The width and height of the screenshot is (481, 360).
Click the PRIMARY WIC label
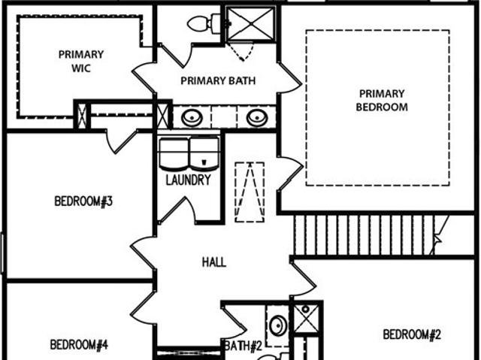tap(81, 61)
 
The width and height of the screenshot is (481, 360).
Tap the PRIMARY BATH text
tap(218, 80)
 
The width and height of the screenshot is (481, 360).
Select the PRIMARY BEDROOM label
tap(382, 100)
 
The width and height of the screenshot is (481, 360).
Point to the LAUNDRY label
tap(189, 180)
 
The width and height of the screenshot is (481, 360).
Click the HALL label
tap(214, 262)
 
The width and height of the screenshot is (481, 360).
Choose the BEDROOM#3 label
tap(83, 201)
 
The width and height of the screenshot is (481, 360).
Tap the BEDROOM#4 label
tap(79, 345)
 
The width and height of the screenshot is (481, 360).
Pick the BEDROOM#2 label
tap(412, 334)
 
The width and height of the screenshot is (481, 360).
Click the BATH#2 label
tap(244, 346)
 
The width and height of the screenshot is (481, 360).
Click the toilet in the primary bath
tap(204, 23)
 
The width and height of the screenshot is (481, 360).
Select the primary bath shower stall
tap(250, 23)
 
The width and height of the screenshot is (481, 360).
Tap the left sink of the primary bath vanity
tap(192, 118)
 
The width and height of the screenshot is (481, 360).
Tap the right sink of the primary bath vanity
tap(257, 118)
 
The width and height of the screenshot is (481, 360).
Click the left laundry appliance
tap(174, 153)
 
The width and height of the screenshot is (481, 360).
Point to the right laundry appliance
tap(204, 153)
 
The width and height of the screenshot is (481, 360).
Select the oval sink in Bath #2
tap(278, 325)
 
